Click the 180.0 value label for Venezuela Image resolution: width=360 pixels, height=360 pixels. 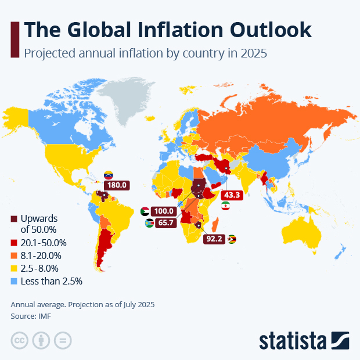click(x=117, y=186)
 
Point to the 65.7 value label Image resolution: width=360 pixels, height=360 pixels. click(x=165, y=222)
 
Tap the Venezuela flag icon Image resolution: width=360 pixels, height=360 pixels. click(x=108, y=175)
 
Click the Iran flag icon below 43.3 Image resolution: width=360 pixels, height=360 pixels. click(x=226, y=207)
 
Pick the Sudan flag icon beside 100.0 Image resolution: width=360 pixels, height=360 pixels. click(x=145, y=211)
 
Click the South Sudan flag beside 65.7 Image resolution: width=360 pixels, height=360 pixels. click(x=149, y=222)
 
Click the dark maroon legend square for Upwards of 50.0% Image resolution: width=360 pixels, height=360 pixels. click(x=14, y=219)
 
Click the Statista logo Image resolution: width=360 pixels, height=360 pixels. click(x=303, y=340)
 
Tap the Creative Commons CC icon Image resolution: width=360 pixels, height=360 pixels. click(x=20, y=340)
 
